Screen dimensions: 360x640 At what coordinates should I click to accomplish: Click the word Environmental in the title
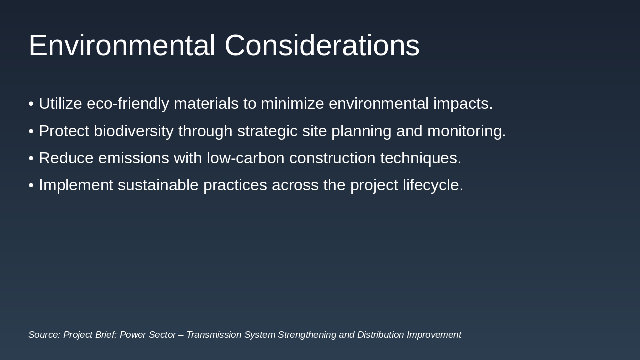tap(122, 46)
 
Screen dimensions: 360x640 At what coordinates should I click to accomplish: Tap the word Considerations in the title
tap(322, 46)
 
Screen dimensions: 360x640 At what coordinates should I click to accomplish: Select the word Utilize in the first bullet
tap(60, 104)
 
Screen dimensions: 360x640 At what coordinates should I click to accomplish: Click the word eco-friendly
tap(128, 104)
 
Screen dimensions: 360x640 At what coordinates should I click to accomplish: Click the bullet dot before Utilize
tap(31, 104)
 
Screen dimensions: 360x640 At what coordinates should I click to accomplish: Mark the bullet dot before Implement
tap(31, 185)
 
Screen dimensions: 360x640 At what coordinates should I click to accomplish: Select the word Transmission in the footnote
tap(214, 335)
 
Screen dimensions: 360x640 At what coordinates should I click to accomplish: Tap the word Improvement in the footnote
tap(434, 335)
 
